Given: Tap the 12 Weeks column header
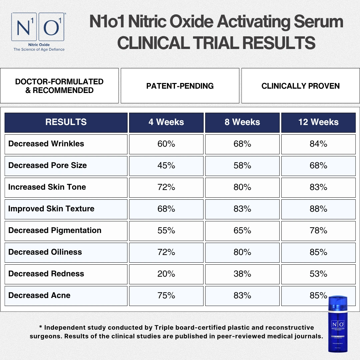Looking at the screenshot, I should [318, 122].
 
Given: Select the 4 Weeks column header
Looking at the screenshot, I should [166, 122].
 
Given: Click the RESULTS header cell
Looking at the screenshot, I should [66, 122].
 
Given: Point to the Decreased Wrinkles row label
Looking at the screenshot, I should [46, 144].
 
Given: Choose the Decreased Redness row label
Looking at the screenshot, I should [46, 274].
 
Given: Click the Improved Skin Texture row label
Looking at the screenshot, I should [51, 209].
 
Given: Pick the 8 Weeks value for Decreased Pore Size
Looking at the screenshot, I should [242, 166].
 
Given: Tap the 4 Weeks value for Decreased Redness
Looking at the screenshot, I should [166, 274].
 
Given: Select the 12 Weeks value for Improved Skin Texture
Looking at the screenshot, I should [318, 209].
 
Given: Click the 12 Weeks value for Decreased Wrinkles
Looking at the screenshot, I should [318, 144].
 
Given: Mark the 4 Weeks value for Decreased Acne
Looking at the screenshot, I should [166, 296].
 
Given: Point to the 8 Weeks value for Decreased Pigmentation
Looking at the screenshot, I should [242, 231].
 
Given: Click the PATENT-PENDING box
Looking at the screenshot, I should [180, 86].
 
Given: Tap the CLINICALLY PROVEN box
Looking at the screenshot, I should [301, 86].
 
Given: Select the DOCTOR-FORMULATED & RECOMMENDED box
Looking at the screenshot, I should [59, 86].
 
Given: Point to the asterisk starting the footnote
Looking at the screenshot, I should [41, 327].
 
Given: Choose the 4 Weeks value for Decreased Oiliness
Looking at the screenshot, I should [166, 252].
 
